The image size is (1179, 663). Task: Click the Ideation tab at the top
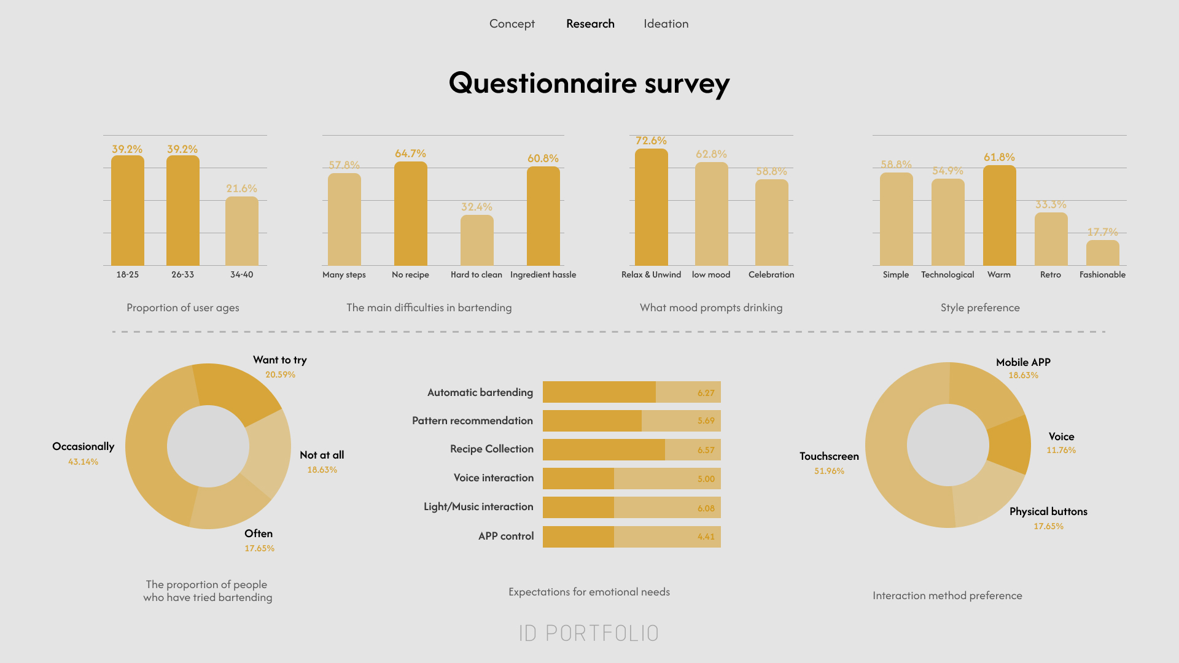click(x=666, y=24)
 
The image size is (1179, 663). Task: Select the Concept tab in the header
click(x=512, y=24)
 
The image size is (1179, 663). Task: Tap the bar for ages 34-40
click(x=241, y=231)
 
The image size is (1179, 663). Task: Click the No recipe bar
click(x=410, y=214)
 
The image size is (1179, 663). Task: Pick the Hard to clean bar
click(x=477, y=240)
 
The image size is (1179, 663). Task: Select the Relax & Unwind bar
click(x=651, y=207)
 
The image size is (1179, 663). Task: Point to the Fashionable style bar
click(x=1102, y=253)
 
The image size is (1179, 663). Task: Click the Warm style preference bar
click(x=999, y=215)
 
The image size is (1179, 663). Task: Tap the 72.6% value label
click(x=651, y=141)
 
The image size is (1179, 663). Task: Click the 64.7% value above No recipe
click(x=410, y=153)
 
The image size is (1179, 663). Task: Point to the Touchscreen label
click(x=829, y=456)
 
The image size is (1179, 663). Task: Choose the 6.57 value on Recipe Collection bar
click(x=706, y=450)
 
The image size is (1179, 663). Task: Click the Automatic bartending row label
click(x=480, y=392)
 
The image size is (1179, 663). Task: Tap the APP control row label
click(x=506, y=536)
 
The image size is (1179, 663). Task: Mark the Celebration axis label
click(x=771, y=274)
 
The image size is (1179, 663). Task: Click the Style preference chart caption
click(x=980, y=308)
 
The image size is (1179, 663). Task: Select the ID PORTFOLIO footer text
click(x=589, y=633)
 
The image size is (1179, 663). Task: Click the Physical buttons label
click(x=1048, y=511)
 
